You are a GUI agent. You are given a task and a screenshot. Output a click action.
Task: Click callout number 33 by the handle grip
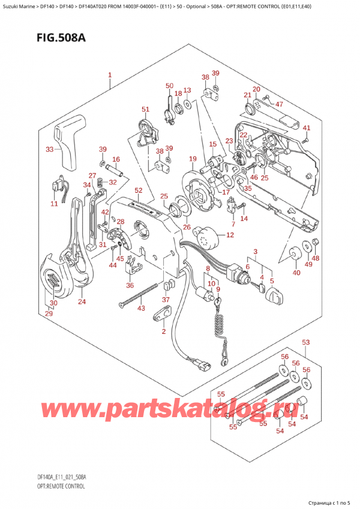[50, 149]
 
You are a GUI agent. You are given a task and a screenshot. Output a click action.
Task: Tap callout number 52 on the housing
[139, 190]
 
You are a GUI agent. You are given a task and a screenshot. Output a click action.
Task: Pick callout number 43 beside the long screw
[141, 309]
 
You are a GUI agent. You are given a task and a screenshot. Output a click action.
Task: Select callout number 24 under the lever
[82, 302]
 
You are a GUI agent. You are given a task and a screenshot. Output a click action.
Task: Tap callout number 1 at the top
[110, 76]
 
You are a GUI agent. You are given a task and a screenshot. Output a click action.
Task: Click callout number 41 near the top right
[306, 128]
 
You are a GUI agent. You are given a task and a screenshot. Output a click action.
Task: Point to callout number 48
[316, 259]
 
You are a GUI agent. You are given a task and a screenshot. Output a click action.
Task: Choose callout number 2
[163, 331]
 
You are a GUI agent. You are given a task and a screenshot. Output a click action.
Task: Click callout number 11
[55, 204]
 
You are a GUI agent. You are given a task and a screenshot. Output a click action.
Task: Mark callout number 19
[192, 158]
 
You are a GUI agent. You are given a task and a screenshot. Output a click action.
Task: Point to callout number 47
[278, 104]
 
